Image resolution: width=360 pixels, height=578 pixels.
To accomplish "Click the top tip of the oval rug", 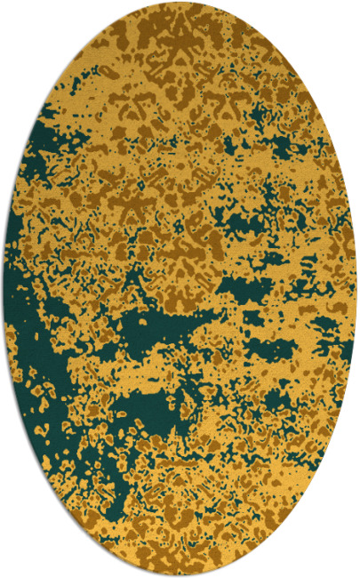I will (x=180, y=3).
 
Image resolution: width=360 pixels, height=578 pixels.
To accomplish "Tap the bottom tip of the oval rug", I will (x=180, y=575).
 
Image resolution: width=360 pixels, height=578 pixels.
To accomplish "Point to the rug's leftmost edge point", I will (x=4, y=289).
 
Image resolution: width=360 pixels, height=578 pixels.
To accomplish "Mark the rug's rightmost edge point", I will (x=356, y=289).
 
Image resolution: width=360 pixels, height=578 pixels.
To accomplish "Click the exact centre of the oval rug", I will (x=180, y=289).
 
